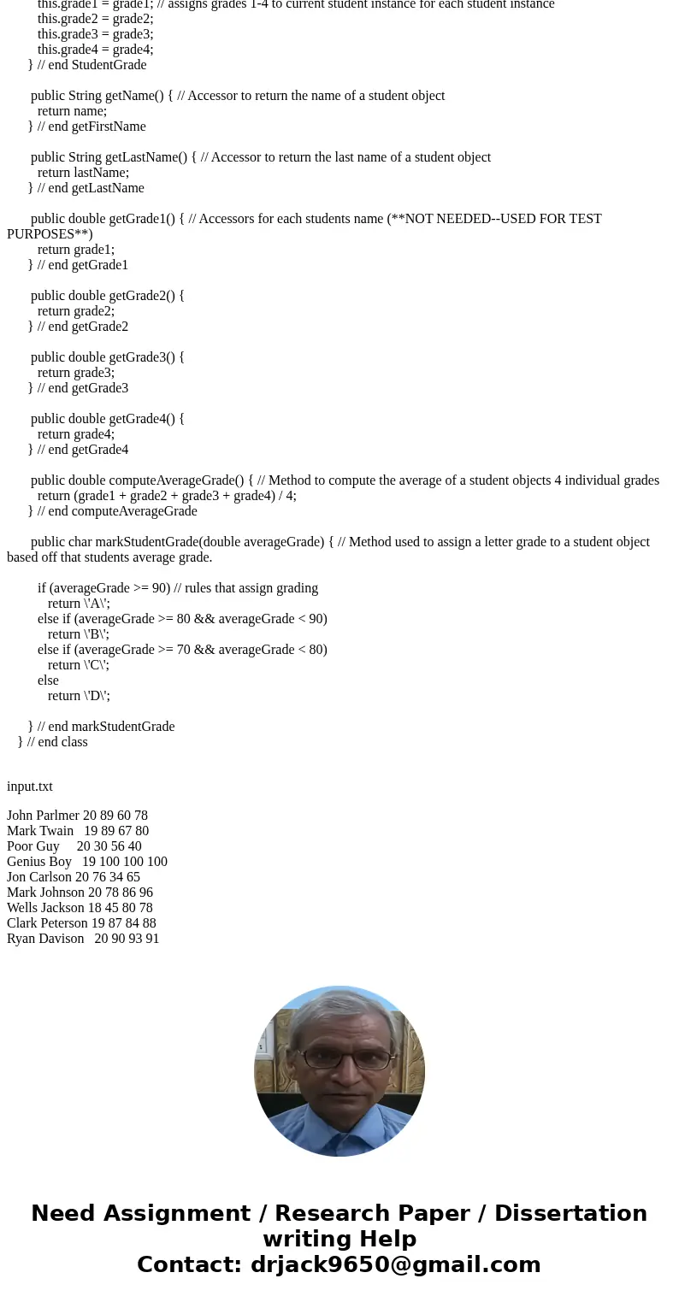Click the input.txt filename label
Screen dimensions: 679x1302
tap(30, 787)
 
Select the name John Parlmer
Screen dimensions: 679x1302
tap(43, 816)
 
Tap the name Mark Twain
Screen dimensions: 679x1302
tap(40, 831)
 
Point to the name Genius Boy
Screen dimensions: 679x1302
tap(39, 862)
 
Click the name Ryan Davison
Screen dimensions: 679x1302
tap(45, 939)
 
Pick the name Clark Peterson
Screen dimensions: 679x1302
tap(47, 923)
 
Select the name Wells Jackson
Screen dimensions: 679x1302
tap(44, 908)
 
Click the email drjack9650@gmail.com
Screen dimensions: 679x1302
tap(395, 1264)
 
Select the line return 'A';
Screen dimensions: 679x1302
tap(79, 604)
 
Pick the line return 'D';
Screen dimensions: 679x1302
tap(79, 696)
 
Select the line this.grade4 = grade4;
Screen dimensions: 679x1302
tap(95, 50)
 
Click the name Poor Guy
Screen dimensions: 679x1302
tap(33, 846)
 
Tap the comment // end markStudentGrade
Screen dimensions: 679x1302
tap(106, 727)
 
